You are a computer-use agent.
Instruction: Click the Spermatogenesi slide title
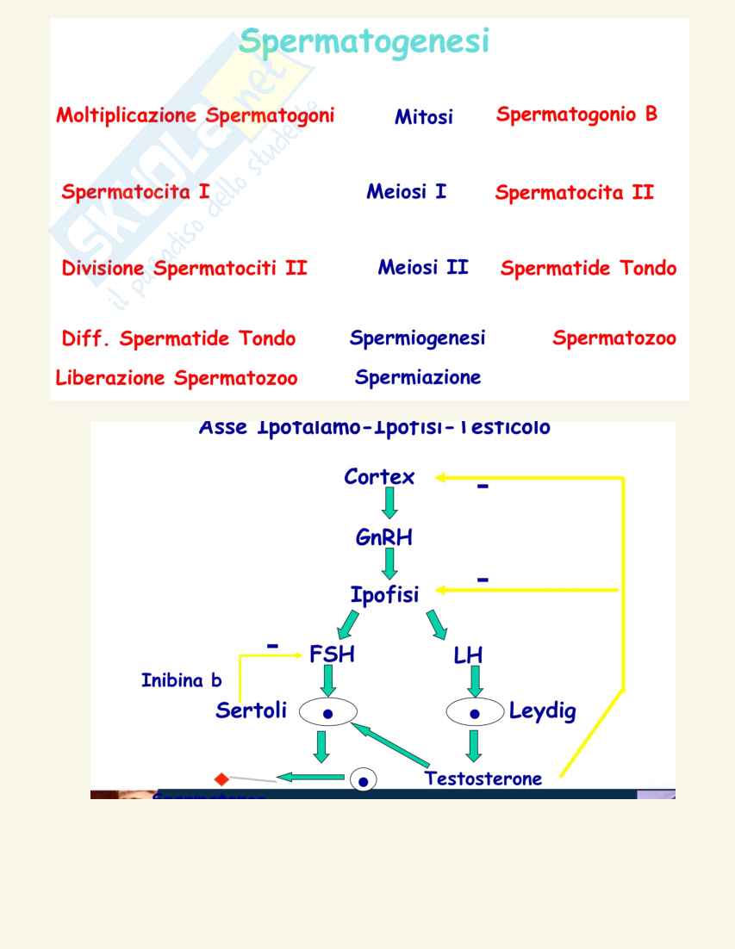coord(364,40)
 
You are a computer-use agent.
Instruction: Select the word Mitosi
coord(423,117)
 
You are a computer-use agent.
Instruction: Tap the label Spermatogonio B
coord(576,114)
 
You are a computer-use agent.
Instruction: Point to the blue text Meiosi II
coord(423,267)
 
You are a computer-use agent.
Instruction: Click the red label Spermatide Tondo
coord(588,269)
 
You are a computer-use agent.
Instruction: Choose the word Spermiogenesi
coord(417,338)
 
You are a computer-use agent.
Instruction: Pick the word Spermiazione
coord(418,377)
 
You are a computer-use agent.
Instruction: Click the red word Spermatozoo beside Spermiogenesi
coord(614,338)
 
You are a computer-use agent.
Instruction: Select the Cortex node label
coord(379,477)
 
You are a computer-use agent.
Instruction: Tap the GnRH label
coord(384,538)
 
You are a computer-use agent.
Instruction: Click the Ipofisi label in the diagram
coord(384,595)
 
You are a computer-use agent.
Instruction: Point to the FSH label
coord(332,654)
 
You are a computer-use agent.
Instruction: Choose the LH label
coord(468,655)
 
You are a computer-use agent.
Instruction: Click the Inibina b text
coord(181,680)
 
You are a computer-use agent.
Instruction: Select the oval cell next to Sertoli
coord(327,713)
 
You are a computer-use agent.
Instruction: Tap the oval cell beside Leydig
coord(474,713)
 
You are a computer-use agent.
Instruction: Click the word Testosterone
coord(483,778)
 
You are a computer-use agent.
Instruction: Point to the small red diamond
coord(221,779)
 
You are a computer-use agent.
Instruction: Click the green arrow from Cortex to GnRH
coord(390,503)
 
